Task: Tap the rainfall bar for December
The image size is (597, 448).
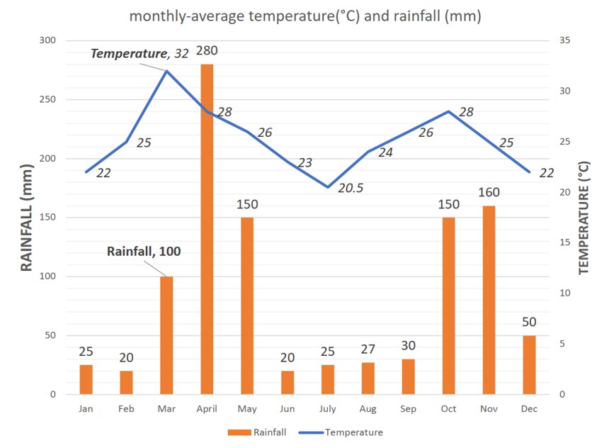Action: pyautogui.click(x=529, y=365)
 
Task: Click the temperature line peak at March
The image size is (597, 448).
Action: pyautogui.click(x=166, y=71)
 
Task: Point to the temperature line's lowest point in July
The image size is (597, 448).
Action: pyautogui.click(x=327, y=187)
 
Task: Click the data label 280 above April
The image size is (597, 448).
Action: pyautogui.click(x=207, y=51)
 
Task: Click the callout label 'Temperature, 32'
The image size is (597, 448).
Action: pyautogui.click(x=140, y=54)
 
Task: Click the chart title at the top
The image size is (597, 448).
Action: pyautogui.click(x=305, y=16)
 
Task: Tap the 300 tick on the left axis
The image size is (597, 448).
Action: pyautogui.click(x=47, y=40)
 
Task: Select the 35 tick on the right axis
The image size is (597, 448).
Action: pyautogui.click(x=564, y=40)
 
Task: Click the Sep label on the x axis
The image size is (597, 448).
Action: pyautogui.click(x=408, y=409)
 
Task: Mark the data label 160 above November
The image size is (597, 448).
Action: pyautogui.click(x=489, y=192)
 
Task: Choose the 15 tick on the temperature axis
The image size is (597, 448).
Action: pyautogui.click(x=564, y=242)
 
